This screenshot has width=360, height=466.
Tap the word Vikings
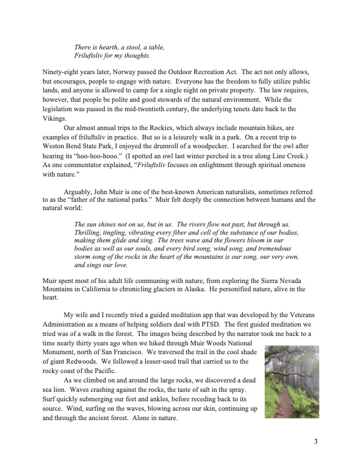click(x=55, y=118)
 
